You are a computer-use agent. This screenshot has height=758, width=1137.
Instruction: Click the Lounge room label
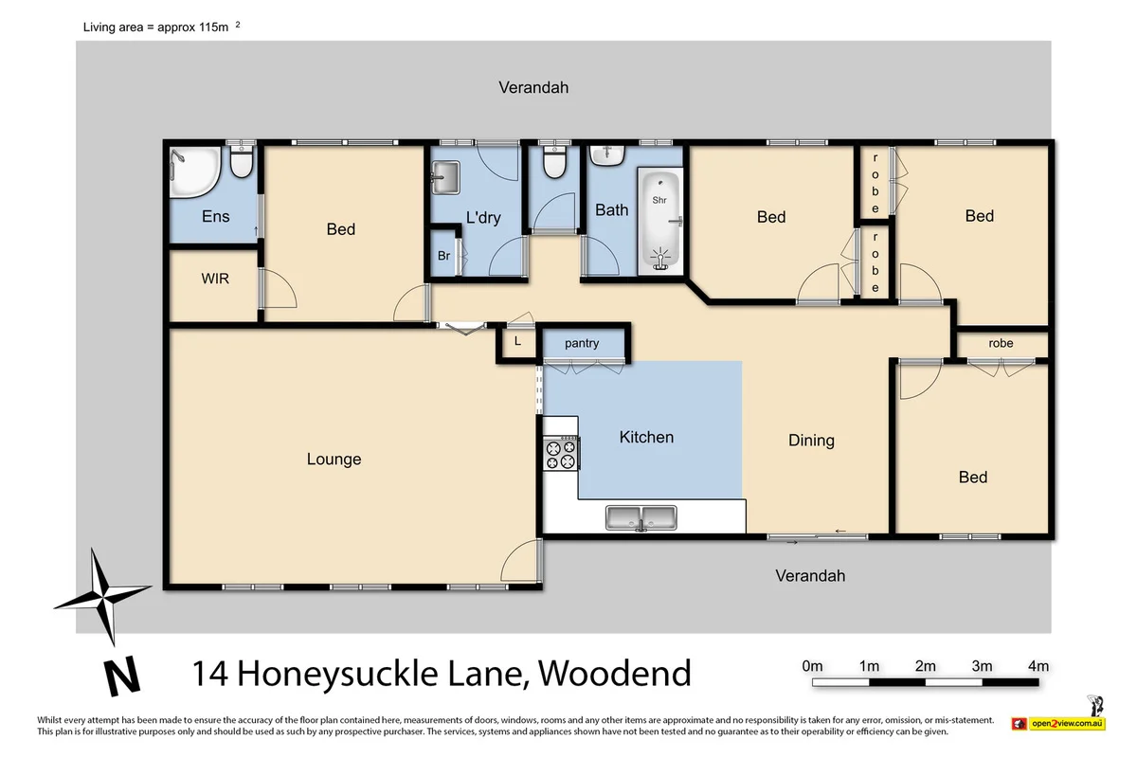(x=334, y=460)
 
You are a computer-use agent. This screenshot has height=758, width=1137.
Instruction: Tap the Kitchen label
(x=646, y=437)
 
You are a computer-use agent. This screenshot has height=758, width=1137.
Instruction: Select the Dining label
(x=811, y=440)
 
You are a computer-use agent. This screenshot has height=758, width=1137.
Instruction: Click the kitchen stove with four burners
(x=559, y=454)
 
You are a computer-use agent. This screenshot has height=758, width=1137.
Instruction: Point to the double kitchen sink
(x=641, y=518)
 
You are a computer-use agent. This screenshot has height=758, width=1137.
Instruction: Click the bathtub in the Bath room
(x=659, y=221)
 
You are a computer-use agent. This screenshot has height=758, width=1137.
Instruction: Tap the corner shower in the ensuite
(x=193, y=172)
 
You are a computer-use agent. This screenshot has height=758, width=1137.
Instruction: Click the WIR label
(x=215, y=280)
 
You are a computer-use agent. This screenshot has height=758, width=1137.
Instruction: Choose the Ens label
(x=216, y=217)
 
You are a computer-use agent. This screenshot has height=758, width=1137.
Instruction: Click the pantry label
(x=582, y=343)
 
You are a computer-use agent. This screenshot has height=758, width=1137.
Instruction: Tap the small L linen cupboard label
(x=516, y=341)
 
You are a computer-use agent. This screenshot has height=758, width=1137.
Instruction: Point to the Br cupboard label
(x=443, y=256)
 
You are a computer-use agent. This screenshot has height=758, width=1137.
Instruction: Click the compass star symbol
(x=101, y=594)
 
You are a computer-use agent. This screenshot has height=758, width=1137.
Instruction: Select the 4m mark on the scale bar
(x=1038, y=666)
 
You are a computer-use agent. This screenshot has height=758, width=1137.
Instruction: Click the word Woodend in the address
(x=615, y=674)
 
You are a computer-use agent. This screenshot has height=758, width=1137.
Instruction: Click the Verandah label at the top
(x=533, y=87)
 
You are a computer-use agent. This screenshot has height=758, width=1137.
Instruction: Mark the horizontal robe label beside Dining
(x=1001, y=343)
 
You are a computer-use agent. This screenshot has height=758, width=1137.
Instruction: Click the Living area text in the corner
(x=157, y=28)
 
